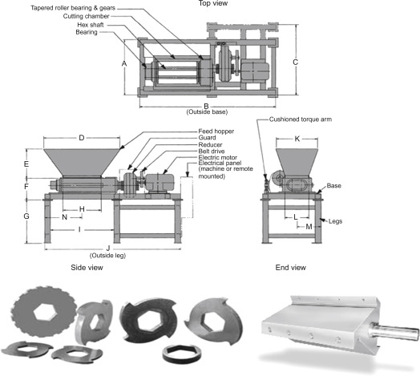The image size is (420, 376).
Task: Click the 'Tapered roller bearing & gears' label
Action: click(73, 8)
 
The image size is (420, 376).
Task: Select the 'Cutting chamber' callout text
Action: click(86, 16)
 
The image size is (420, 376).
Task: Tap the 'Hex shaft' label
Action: click(91, 25)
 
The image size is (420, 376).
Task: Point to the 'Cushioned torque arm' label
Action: click(301, 119)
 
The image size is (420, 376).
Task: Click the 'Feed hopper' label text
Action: click(216, 131)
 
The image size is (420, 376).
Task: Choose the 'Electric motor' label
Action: click(217, 157)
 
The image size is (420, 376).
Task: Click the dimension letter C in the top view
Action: click(295, 63)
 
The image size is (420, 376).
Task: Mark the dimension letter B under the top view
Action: click(206, 106)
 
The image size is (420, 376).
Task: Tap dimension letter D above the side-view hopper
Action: click(82, 138)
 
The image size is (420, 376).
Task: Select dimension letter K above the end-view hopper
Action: click(297, 139)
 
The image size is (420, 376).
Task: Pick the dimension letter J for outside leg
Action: click(108, 249)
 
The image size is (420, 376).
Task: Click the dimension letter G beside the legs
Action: click(26, 216)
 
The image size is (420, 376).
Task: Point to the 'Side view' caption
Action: click(87, 268)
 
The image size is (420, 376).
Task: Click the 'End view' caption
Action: click(291, 268)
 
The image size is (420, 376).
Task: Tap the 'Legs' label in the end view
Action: click(335, 221)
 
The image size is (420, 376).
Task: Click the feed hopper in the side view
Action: click(82, 163)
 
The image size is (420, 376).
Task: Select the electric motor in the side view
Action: click(160, 184)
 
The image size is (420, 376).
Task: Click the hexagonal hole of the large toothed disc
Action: click(44, 312)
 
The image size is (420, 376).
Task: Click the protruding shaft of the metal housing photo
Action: click(393, 331)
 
